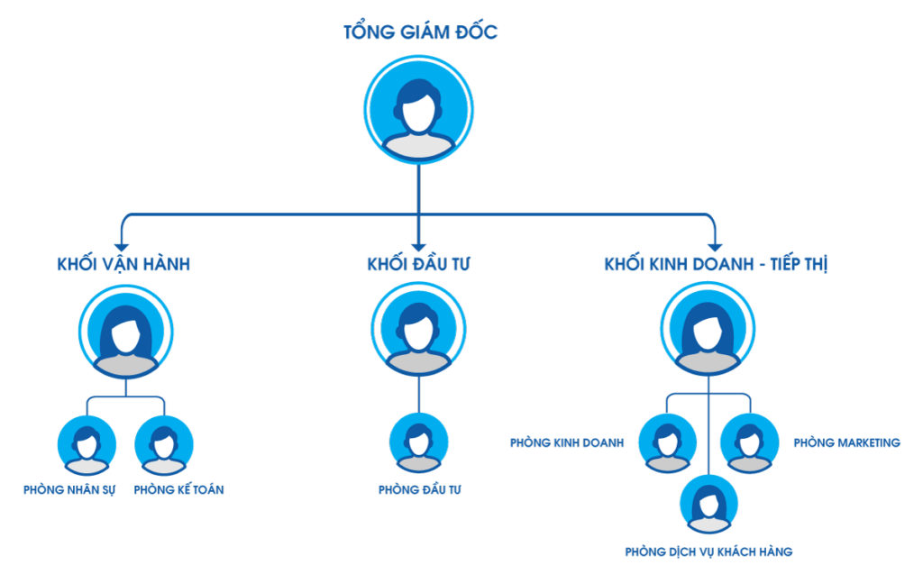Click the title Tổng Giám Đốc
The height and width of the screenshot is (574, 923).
coord(420,33)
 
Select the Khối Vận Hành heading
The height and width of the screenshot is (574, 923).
coord(123,264)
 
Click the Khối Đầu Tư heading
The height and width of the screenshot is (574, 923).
coord(419,264)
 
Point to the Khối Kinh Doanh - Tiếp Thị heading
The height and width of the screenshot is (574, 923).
coord(716,264)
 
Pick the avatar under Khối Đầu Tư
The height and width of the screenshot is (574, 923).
coord(419,330)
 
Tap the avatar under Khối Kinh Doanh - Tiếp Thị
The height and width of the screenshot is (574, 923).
coord(708,330)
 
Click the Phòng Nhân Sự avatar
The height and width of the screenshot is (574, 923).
coord(87,444)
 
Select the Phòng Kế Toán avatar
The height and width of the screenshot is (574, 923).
coord(164,444)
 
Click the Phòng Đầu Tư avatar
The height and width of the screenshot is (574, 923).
coord(419,442)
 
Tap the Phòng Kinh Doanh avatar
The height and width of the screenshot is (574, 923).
coord(668,442)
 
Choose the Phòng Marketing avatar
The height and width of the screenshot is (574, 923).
coord(749,442)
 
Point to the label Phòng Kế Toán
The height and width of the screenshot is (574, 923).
coord(178,490)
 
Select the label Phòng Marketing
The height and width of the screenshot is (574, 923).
coord(846,442)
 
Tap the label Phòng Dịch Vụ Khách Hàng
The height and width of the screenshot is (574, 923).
coord(708,551)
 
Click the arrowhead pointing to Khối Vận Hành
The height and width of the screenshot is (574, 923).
coord(123,244)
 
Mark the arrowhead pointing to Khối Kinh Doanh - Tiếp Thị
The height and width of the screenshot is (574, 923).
coord(715,244)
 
